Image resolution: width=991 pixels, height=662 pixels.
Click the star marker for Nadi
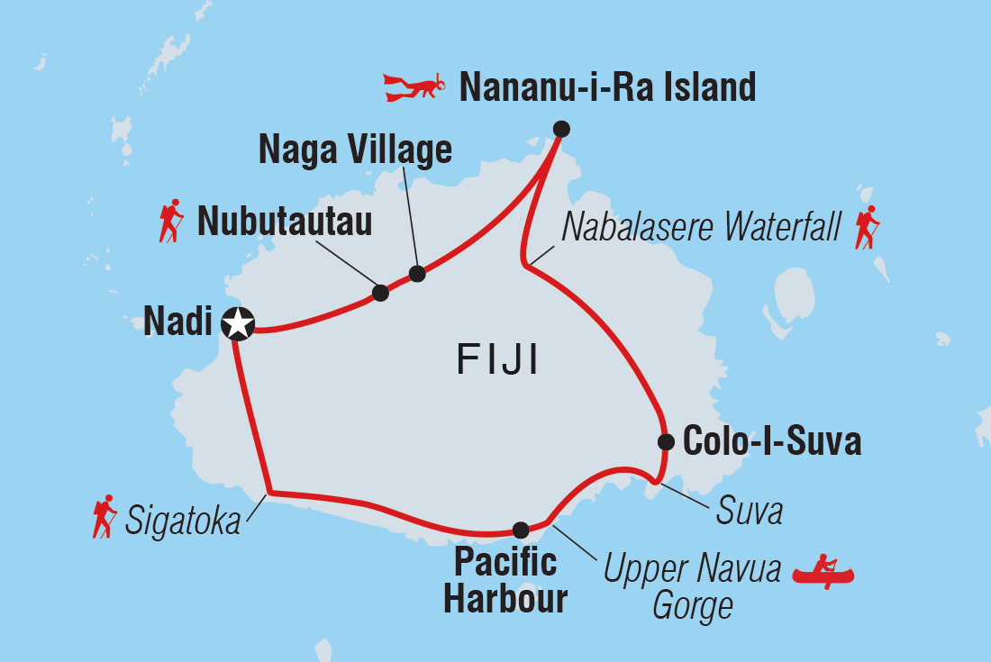click(x=238, y=322)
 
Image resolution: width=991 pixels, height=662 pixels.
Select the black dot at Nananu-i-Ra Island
click(x=561, y=129)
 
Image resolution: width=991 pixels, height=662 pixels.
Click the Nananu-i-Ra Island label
click(x=607, y=87)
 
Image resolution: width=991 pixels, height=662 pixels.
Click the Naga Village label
click(x=355, y=150)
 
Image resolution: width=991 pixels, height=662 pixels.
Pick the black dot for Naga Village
click(x=417, y=274)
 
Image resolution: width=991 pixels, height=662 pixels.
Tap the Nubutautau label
click(x=284, y=222)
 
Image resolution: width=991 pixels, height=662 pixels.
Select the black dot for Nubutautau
click(x=380, y=293)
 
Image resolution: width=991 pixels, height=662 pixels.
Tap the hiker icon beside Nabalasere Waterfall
click(x=867, y=228)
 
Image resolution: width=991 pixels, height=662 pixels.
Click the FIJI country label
click(x=497, y=361)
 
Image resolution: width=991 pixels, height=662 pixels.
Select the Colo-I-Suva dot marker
click(x=666, y=441)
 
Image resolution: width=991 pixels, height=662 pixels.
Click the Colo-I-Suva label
click(x=772, y=442)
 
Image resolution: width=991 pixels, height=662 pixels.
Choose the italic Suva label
click(x=750, y=512)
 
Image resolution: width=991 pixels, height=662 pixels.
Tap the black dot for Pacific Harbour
click(x=520, y=530)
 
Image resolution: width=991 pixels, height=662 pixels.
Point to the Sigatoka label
click(x=184, y=520)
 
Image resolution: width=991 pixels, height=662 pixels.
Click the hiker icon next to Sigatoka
click(x=105, y=517)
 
